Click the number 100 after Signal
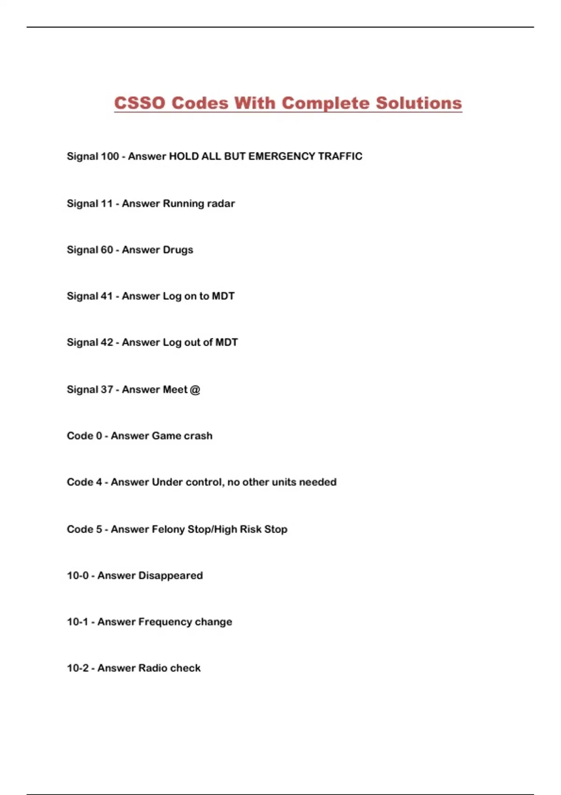click(110, 156)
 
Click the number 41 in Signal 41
click(107, 296)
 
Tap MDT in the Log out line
click(226, 342)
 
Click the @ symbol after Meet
click(195, 390)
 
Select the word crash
click(198, 436)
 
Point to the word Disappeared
click(170, 576)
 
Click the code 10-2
click(78, 668)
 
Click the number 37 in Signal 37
click(107, 390)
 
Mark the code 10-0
click(78, 576)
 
